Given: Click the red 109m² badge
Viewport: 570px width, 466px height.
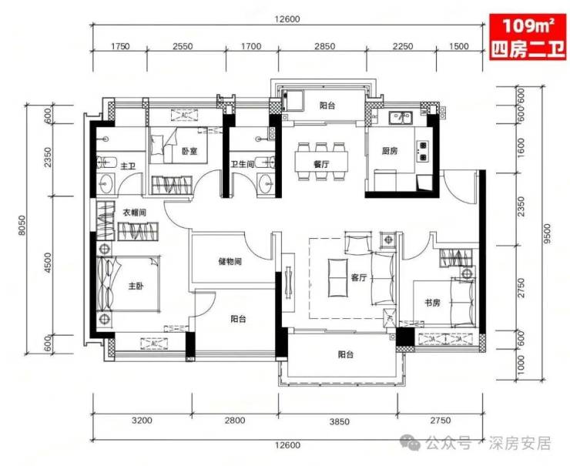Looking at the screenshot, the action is pyautogui.click(x=528, y=36).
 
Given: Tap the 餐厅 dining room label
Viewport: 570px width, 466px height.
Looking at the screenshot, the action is pyautogui.click(x=321, y=164).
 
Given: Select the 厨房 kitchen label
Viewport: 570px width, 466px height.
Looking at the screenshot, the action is pyautogui.click(x=390, y=150).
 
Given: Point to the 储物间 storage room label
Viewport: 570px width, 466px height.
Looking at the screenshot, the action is pyautogui.click(x=230, y=261).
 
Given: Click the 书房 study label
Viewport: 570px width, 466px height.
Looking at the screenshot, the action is pyautogui.click(x=432, y=303).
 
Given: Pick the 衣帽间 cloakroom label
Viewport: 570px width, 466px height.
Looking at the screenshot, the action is pyautogui.click(x=135, y=213).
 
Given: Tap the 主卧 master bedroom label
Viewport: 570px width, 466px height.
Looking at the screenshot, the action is pyautogui.click(x=136, y=286).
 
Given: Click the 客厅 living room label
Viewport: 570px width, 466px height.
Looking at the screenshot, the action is pyautogui.click(x=359, y=278).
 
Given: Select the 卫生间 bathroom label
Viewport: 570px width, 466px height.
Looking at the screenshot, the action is pyautogui.click(x=242, y=165).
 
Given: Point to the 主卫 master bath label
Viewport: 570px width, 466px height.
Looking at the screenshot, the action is pyautogui.click(x=128, y=166).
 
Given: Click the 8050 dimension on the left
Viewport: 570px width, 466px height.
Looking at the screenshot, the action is pyautogui.click(x=22, y=226).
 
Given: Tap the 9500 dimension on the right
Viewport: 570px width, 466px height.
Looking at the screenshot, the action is pyautogui.click(x=548, y=233).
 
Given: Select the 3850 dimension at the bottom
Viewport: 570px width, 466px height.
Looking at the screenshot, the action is pyautogui.click(x=339, y=421).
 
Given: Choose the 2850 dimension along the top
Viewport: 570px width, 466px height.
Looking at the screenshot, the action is pyautogui.click(x=324, y=46).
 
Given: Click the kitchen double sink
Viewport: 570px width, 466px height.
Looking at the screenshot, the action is pyautogui.click(x=401, y=117).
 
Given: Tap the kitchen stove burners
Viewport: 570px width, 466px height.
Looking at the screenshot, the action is pyautogui.click(x=423, y=151).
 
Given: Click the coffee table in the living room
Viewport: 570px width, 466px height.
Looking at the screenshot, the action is pyautogui.click(x=337, y=277).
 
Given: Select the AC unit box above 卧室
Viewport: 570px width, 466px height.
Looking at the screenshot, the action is pyautogui.click(x=184, y=116).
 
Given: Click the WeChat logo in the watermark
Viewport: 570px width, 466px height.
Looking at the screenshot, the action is pyautogui.click(x=411, y=442).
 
